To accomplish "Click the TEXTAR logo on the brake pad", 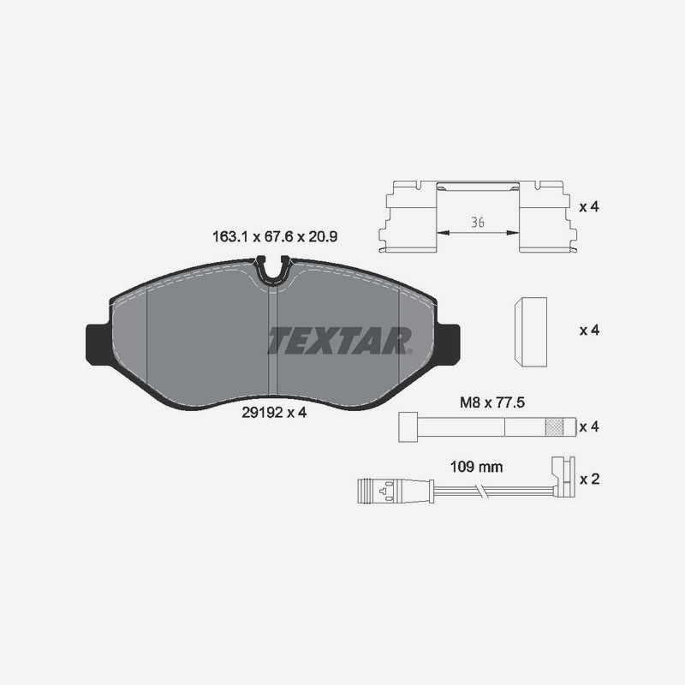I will [340, 340].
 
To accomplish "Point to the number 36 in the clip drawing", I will [478, 222].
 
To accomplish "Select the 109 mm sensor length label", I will [476, 468].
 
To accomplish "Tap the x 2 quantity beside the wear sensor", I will [588, 479].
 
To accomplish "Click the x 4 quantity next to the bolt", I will [588, 426].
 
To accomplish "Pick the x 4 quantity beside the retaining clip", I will [588, 207].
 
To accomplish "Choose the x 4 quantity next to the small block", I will [588, 330].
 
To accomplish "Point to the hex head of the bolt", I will [408, 426].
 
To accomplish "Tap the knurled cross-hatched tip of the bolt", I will [557, 426].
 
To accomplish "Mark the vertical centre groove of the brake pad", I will [271, 338].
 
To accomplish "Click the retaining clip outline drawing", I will [478, 217].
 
